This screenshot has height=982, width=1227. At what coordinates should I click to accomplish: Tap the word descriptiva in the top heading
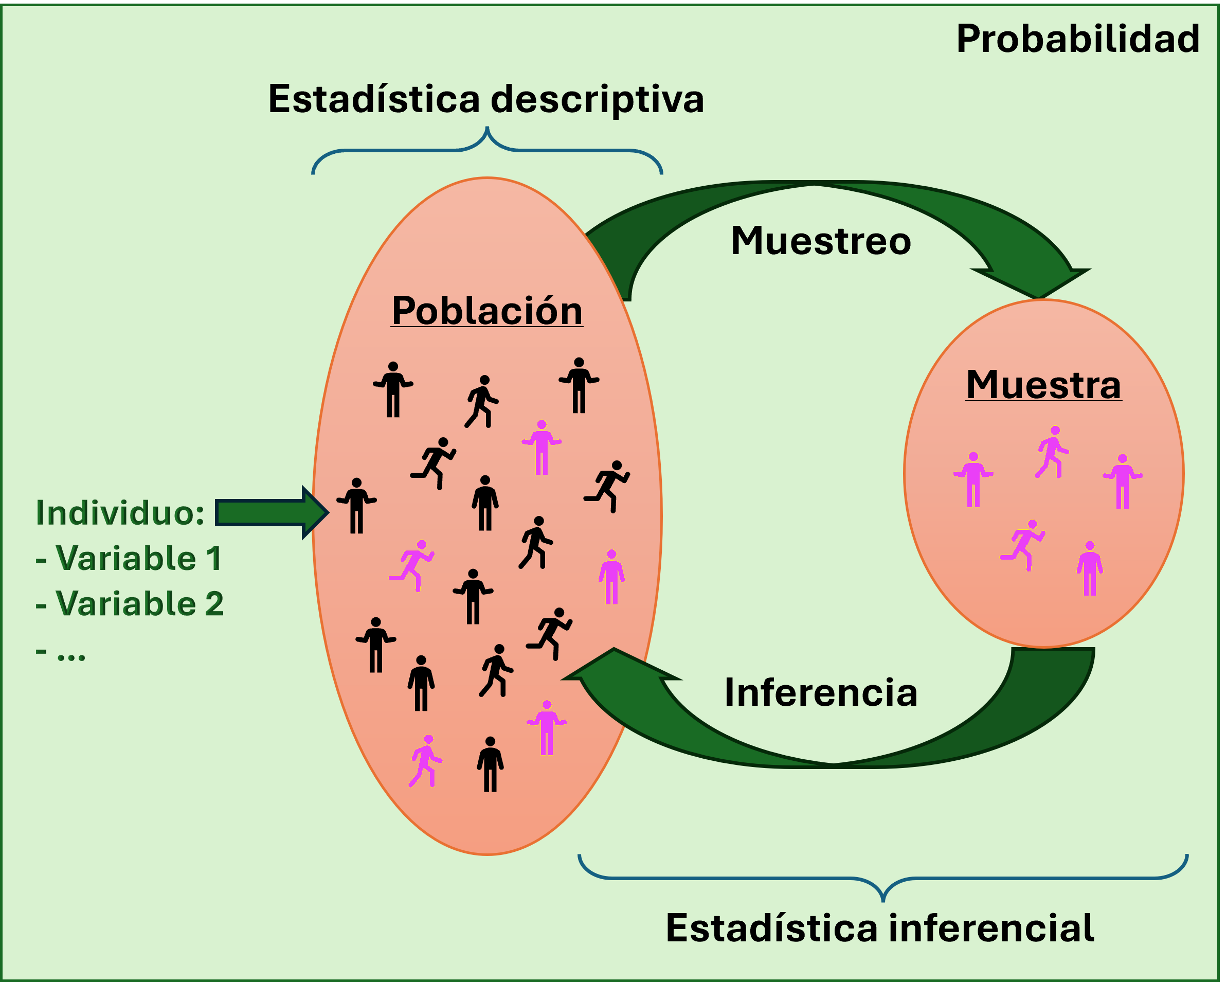[597, 99]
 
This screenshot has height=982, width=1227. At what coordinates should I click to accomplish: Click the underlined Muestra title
[1044, 385]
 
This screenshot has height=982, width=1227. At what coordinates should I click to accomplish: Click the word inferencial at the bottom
[991, 928]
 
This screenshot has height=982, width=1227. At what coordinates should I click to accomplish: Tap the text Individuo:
[119, 512]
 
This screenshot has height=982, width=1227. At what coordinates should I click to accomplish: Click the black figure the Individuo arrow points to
[357, 506]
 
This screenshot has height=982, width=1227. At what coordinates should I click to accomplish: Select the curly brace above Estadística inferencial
[882, 880]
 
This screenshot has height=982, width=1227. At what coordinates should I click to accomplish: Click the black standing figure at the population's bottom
[490, 764]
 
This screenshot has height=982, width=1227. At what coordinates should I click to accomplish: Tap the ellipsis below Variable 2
[71, 655]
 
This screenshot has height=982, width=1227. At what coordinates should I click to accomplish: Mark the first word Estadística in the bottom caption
[772, 928]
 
